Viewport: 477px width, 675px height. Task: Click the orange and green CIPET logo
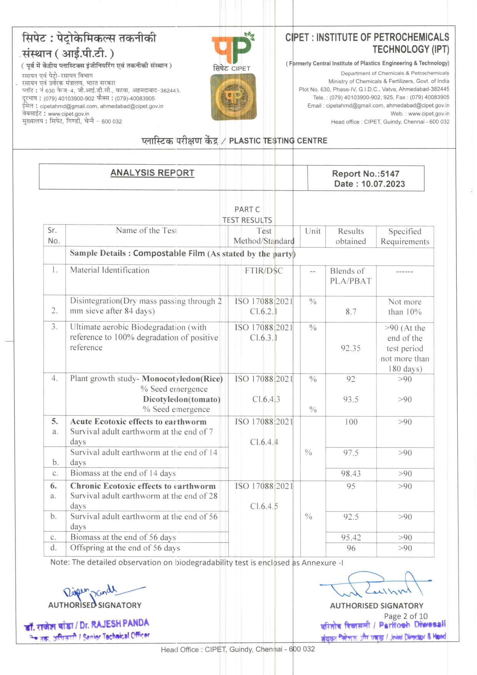pyautogui.click(x=232, y=48)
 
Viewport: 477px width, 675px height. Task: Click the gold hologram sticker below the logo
pyautogui.click(x=233, y=97)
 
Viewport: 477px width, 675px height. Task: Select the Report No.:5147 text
pyautogui.click(x=365, y=174)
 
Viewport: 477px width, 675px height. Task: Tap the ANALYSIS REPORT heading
pyautogui.click(x=152, y=173)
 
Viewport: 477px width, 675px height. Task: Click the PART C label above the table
pyautogui.click(x=247, y=209)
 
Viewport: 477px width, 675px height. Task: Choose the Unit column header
pyautogui.click(x=312, y=231)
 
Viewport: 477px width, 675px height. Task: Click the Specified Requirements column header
pyautogui.click(x=405, y=236)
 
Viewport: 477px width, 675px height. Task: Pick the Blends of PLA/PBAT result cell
pyautogui.click(x=350, y=276)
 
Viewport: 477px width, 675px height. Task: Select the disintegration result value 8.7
pyautogui.click(x=350, y=312)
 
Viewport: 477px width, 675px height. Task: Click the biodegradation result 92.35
pyautogui.click(x=350, y=348)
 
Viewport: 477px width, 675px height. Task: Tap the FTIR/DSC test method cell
pyautogui.click(x=264, y=271)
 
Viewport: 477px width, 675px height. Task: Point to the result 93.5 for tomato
pyautogui.click(x=350, y=400)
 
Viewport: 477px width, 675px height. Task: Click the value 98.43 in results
pyautogui.click(x=350, y=473)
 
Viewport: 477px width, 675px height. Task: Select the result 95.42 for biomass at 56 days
pyautogui.click(x=350, y=537)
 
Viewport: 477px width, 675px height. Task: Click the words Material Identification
pyautogui.click(x=110, y=270)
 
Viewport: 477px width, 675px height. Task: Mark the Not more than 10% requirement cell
pyautogui.click(x=405, y=307)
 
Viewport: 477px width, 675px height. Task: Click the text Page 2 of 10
pyautogui.click(x=405, y=616)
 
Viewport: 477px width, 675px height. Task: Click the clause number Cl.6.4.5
pyautogui.click(x=264, y=507)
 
